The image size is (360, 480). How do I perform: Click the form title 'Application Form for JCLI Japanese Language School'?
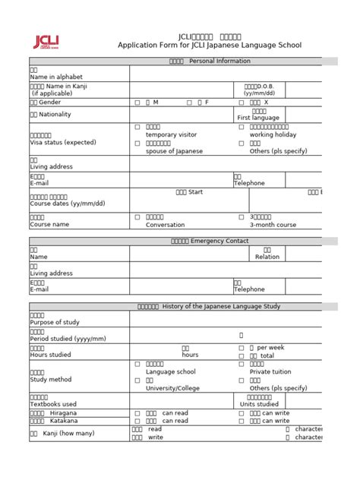pos(209,46)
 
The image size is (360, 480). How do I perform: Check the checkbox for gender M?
pos(137,102)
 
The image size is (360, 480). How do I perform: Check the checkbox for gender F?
pos(188,102)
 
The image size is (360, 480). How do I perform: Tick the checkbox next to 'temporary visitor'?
pos(137,127)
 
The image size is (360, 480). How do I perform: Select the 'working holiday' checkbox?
pos(242,127)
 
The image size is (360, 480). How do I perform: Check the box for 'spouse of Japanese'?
pos(137,143)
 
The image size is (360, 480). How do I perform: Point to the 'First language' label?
pos(258,118)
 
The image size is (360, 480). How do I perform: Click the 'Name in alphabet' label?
pos(55,77)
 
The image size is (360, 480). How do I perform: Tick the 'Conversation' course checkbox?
pos(137,217)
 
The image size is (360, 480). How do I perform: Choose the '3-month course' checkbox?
pos(242,217)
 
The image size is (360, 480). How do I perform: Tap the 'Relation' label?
pos(267,257)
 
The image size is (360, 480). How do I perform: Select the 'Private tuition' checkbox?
pos(242,364)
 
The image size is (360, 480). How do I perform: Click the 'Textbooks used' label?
pos(53,404)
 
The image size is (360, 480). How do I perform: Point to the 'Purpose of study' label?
pos(54,323)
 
